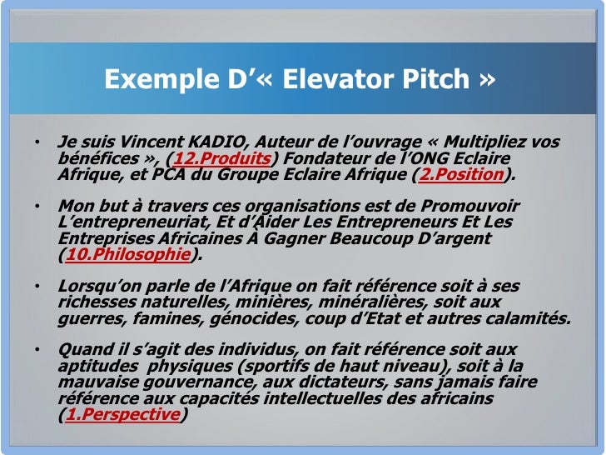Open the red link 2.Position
(461, 174)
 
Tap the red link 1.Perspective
(122, 414)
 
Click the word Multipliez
(476, 142)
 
